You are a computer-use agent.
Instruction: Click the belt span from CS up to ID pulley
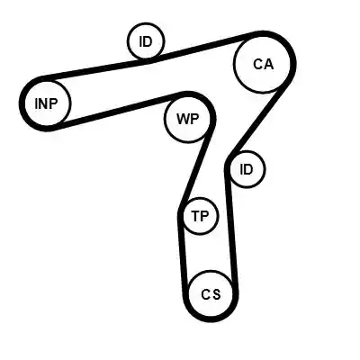[x=231, y=229]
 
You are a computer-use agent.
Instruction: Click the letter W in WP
[x=183, y=119]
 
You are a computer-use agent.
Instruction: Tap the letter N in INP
[x=45, y=103]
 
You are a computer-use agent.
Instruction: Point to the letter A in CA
[x=268, y=64]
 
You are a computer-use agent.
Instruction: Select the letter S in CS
[x=216, y=294]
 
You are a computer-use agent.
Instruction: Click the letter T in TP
[x=196, y=216]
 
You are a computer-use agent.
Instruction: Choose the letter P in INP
[x=53, y=103]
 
